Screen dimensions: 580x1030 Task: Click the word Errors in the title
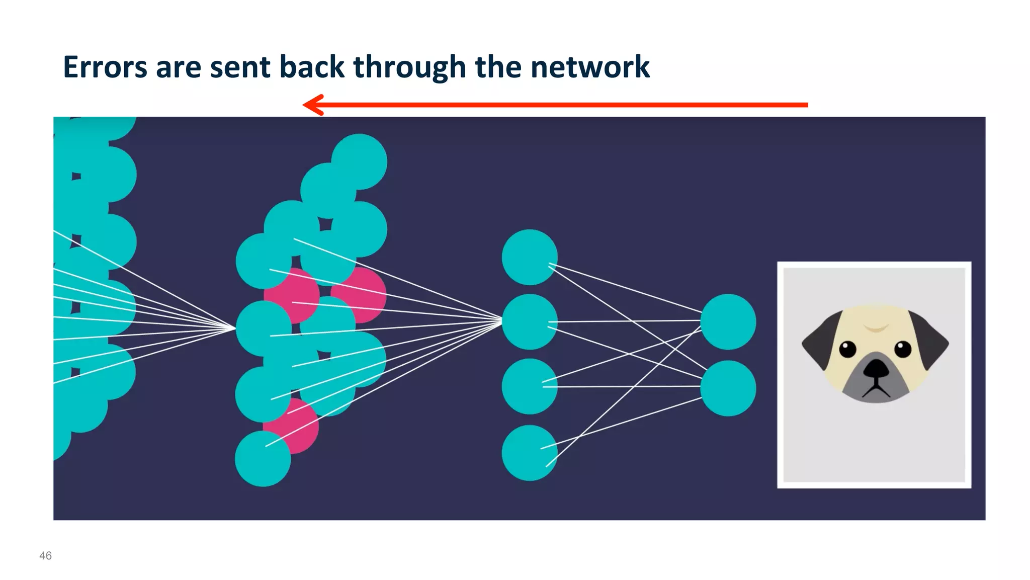[105, 67]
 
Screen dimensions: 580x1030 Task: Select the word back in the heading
[312, 67]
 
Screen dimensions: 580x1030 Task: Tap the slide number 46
[45, 555]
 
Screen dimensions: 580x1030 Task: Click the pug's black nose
[876, 369]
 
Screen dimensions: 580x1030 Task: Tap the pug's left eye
[847, 349]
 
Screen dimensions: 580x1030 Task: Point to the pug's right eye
[903, 349]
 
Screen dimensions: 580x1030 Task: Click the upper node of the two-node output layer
[728, 322]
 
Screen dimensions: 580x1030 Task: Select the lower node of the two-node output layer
[728, 388]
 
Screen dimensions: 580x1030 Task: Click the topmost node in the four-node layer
[530, 257]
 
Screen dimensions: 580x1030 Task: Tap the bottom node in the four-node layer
[530, 453]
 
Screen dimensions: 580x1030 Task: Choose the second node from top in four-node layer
[530, 322]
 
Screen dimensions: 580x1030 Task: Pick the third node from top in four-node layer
[530, 386]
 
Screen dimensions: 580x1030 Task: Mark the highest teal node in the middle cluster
[359, 161]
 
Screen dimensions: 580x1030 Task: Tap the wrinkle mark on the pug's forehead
[876, 328]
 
